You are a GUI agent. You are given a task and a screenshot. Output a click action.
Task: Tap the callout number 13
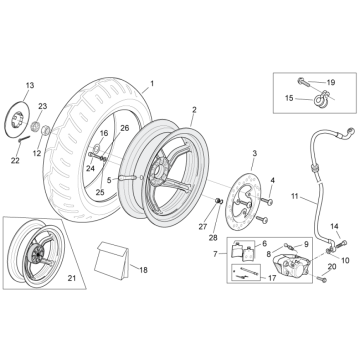pyautogui.click(x=29, y=87)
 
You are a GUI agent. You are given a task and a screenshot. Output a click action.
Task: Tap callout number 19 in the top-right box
pyautogui.click(x=331, y=81)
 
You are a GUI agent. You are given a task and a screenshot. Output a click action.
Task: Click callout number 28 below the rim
pyautogui.click(x=212, y=237)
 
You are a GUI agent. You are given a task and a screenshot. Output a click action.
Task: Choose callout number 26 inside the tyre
pyautogui.click(x=125, y=128)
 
